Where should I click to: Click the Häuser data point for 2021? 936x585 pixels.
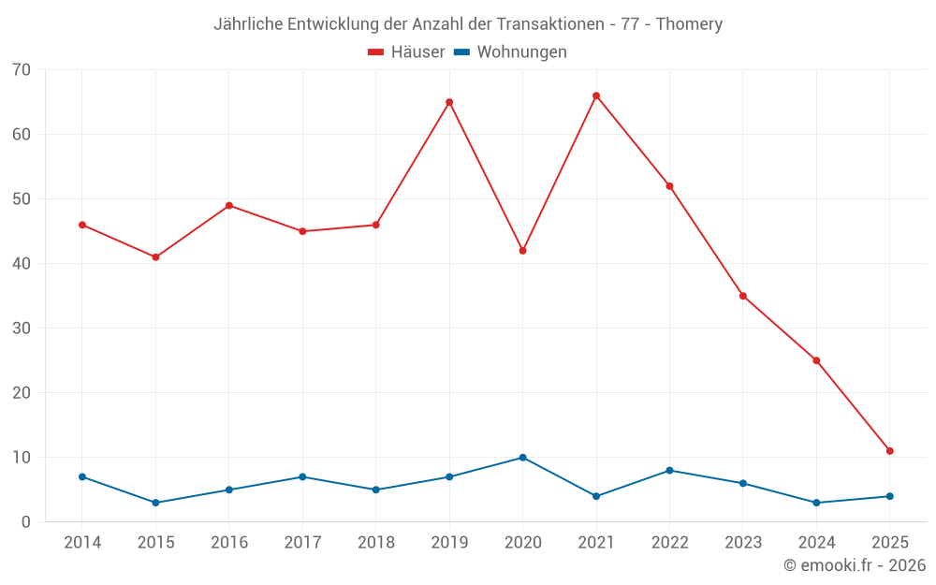point(596,95)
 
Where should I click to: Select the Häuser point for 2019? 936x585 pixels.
point(449,102)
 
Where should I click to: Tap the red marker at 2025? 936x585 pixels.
point(890,451)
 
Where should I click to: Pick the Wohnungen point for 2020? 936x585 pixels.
point(522,458)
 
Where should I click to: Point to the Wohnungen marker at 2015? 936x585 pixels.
point(155,503)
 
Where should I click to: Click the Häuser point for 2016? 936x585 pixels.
point(229,206)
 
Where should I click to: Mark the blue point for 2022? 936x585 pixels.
point(669,471)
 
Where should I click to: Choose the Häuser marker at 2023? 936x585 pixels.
point(743,296)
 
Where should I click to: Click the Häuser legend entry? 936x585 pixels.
point(406,52)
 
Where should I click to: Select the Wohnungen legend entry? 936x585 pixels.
point(510,52)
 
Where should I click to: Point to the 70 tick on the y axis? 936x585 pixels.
point(22,70)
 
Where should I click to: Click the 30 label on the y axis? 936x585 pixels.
point(22,329)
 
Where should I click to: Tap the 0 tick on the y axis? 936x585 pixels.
point(26,522)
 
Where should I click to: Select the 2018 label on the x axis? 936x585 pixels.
point(376,543)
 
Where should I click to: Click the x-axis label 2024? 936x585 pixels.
point(817,543)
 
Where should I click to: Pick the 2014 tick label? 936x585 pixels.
point(82,543)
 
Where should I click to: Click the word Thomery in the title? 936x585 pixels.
point(689,24)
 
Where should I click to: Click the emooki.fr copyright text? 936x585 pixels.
point(855,565)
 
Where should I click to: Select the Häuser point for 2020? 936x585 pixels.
point(522,251)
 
